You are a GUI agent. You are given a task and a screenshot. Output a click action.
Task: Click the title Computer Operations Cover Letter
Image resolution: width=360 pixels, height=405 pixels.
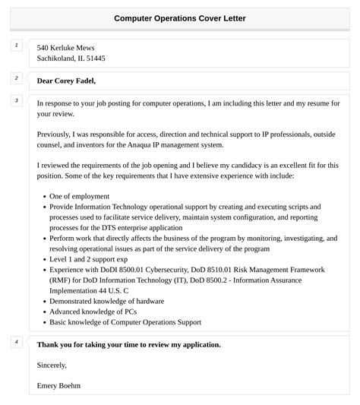180,17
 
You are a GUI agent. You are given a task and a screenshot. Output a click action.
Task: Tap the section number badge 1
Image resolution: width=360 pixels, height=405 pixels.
15,46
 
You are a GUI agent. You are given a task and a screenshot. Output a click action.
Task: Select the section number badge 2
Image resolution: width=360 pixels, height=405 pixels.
15,78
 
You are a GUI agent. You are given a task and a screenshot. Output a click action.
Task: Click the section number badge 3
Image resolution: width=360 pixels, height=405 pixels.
15,100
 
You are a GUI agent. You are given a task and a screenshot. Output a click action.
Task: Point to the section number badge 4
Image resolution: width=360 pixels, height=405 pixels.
15,342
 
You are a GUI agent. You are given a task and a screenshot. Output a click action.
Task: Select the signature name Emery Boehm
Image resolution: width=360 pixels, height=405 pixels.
58,385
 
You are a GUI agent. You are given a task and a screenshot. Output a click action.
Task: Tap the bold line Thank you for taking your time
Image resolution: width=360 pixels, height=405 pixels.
129,344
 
